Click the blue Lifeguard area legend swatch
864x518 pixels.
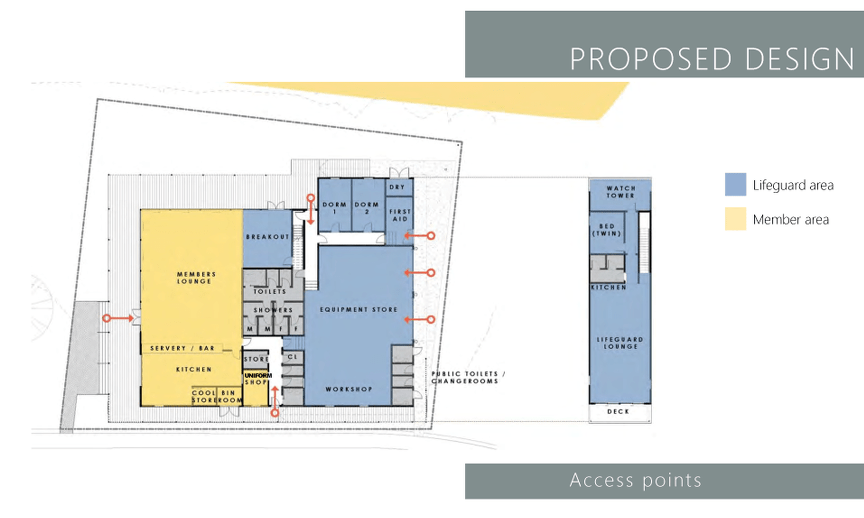tap(735, 184)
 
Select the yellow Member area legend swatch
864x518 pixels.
tap(735, 219)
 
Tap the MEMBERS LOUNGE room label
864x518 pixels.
tap(196, 278)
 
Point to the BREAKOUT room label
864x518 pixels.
tap(268, 237)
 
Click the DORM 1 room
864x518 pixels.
tap(334, 205)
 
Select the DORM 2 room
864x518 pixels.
tap(367, 205)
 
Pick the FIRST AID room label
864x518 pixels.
tap(400, 215)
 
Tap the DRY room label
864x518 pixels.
tap(397, 187)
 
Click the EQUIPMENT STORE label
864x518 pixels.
tap(359, 310)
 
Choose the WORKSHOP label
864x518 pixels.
tap(349, 389)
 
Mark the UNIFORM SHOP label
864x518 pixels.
tap(258, 379)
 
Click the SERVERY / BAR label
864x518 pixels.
tap(182, 348)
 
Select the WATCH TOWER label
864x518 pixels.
tap(621, 192)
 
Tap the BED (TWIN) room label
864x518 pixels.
tap(607, 230)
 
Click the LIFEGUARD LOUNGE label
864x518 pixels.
tap(620, 343)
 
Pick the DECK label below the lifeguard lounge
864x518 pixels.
tap(618, 412)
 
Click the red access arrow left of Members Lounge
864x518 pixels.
tap(118, 318)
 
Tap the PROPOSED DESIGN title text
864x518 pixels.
tap(712, 59)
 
